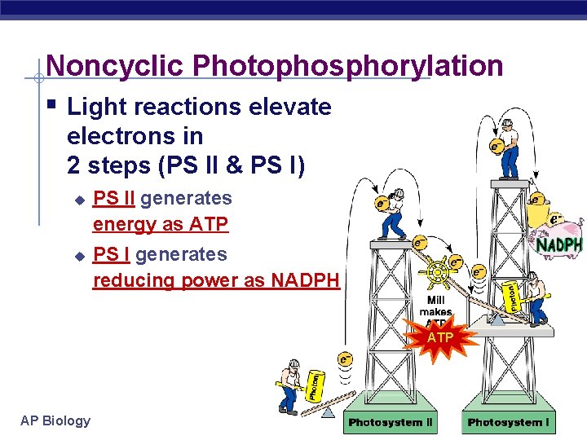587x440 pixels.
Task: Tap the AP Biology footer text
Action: pyautogui.click(x=55, y=420)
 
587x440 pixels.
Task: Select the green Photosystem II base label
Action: pyautogui.click(x=391, y=422)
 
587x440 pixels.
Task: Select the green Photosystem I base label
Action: pyautogui.click(x=508, y=422)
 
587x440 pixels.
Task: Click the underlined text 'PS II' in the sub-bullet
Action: pyautogui.click(x=115, y=198)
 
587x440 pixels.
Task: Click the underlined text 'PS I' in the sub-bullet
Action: pyautogui.click(x=113, y=254)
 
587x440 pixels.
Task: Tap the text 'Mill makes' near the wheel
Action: pyautogui.click(x=436, y=306)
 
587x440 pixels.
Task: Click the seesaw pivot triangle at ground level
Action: pyautogui.click(x=329, y=412)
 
